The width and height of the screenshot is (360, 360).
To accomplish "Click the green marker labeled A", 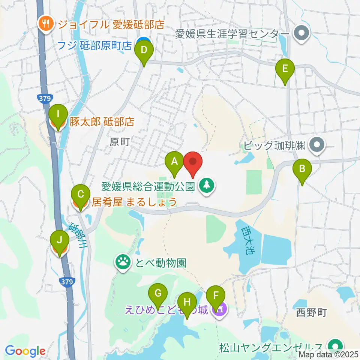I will tap(174, 162).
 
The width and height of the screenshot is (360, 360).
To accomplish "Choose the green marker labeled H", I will tap(186, 302).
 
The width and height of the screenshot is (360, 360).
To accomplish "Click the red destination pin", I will tap(193, 162).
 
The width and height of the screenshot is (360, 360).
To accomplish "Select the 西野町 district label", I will tap(312, 312).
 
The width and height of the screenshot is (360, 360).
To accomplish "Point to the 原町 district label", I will tap(120, 142).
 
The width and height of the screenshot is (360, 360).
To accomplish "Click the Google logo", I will tap(25, 351).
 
